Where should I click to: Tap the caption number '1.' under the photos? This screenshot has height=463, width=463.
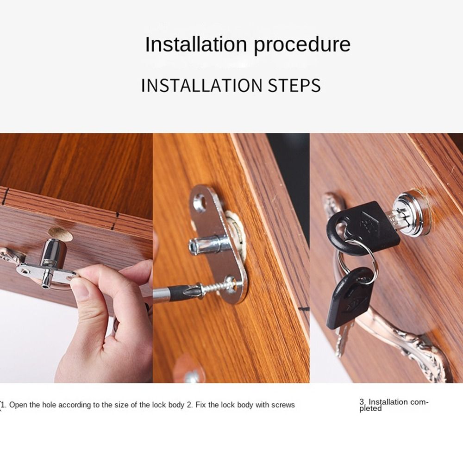(x=4, y=405)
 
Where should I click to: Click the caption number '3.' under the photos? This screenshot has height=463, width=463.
(x=363, y=402)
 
